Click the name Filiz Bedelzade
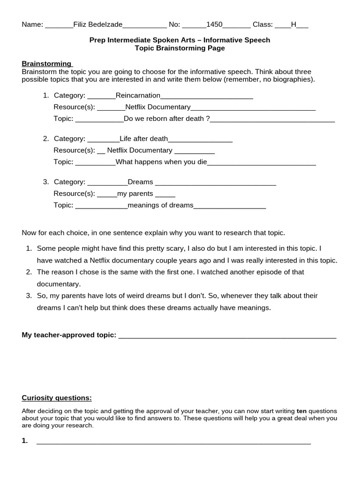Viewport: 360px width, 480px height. click(98, 25)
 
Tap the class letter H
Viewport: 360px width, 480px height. click(294, 25)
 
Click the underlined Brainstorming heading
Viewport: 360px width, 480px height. click(46, 64)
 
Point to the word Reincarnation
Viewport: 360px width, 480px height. click(138, 96)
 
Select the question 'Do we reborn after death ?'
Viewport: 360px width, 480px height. click(167, 119)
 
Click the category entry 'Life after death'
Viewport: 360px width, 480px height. click(143, 139)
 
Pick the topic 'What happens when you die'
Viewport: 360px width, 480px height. click(161, 162)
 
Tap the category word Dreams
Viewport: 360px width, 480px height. click(140, 182)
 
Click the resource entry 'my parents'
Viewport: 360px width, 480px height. click(135, 194)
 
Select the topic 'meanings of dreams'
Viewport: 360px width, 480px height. click(160, 205)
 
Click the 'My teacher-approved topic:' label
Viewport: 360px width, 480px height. click(69, 335)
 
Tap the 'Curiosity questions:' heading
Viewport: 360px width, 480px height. click(57, 398)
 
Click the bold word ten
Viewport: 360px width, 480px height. click(301, 411)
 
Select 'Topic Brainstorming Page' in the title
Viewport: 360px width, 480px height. click(180, 48)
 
